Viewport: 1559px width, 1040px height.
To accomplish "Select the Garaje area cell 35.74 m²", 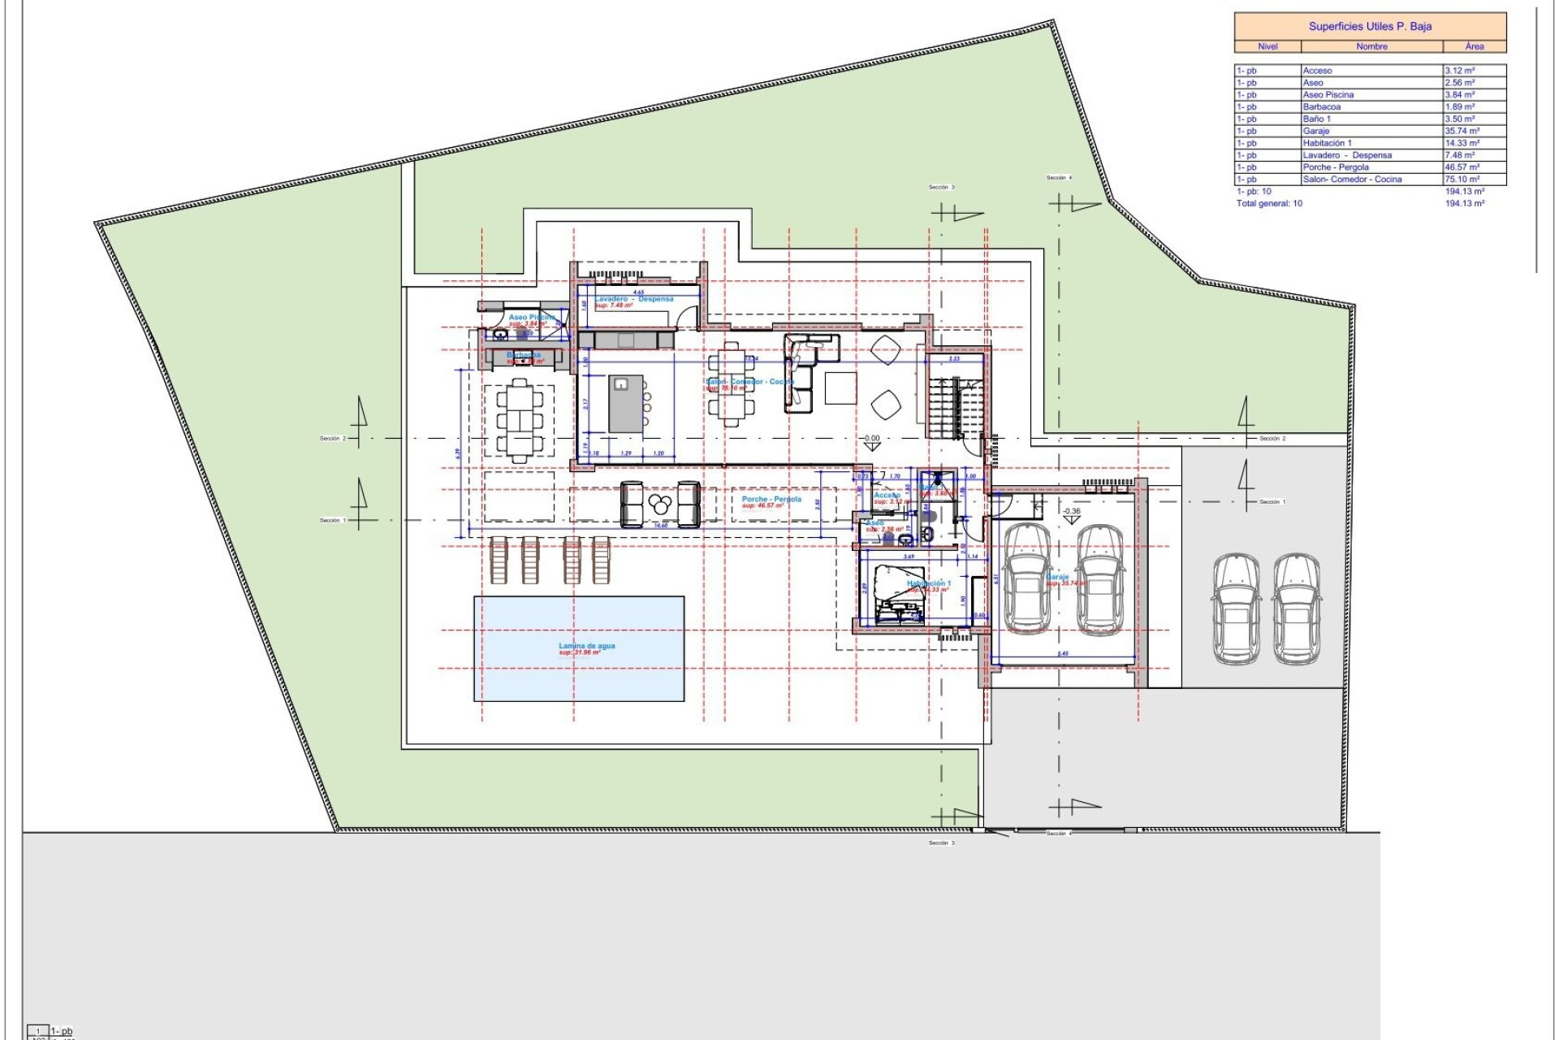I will (x=1462, y=131).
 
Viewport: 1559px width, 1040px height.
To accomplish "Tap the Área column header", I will (x=1474, y=46).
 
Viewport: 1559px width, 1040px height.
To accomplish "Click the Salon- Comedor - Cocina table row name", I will (x=1351, y=179).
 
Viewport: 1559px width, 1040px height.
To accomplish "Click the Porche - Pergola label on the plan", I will (x=771, y=499).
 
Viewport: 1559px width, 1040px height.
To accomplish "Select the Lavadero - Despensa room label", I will (x=633, y=299).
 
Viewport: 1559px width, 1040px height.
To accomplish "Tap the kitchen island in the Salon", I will (x=626, y=404).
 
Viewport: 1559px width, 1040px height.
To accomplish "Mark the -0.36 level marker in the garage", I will (x=1072, y=512).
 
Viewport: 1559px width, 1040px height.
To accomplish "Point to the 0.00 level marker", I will (x=871, y=439).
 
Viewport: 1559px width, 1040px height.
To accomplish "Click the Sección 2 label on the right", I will (x=1272, y=439).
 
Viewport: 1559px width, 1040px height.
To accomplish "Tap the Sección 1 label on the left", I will (x=330, y=520).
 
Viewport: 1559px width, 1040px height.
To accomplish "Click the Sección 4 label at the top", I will (x=1059, y=177).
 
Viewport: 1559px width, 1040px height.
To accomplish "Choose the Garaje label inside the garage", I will (x=1057, y=577).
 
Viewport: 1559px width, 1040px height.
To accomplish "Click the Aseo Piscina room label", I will (x=532, y=317).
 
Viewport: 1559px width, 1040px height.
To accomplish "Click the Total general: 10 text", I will (x=1269, y=203).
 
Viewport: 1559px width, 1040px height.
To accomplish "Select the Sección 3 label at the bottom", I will (x=942, y=843).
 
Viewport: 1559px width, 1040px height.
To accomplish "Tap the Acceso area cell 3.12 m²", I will (x=1459, y=71).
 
